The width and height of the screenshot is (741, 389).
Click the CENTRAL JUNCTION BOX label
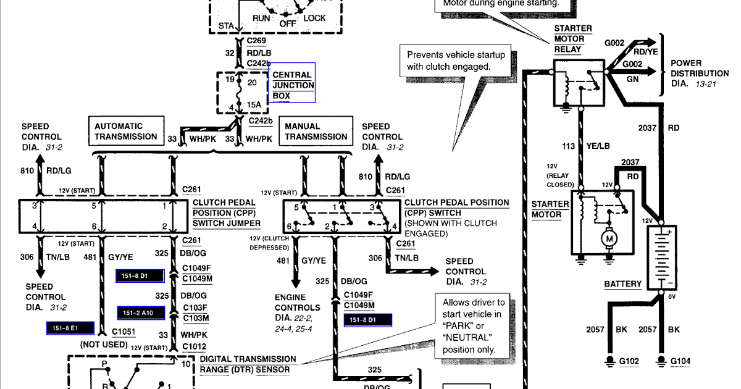coord(293,85)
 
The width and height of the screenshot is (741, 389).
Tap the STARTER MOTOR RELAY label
coord(572,39)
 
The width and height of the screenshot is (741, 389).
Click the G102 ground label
coord(629,361)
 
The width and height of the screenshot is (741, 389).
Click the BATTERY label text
coord(622,284)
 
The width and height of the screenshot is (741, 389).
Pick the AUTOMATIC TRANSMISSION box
coord(126,131)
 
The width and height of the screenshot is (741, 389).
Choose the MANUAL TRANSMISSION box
coord(316,131)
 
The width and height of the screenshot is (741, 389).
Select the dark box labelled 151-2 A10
coord(141,313)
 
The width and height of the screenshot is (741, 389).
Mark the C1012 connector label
coord(194,346)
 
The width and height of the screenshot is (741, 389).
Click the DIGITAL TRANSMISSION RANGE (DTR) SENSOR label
coord(248,364)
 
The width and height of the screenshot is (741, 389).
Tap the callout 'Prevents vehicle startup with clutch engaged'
coord(456,61)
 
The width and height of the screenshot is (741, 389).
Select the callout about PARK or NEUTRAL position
coord(473,326)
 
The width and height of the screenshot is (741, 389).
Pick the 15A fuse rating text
coord(254,105)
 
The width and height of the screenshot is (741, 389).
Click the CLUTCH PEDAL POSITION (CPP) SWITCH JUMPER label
coord(227,212)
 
